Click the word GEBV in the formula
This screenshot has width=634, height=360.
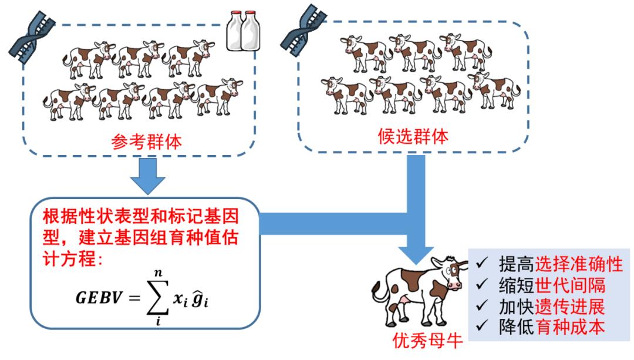point(97,297)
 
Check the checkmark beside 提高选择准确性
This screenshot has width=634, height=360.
point(482,264)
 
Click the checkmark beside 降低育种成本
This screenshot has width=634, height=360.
point(482,327)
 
